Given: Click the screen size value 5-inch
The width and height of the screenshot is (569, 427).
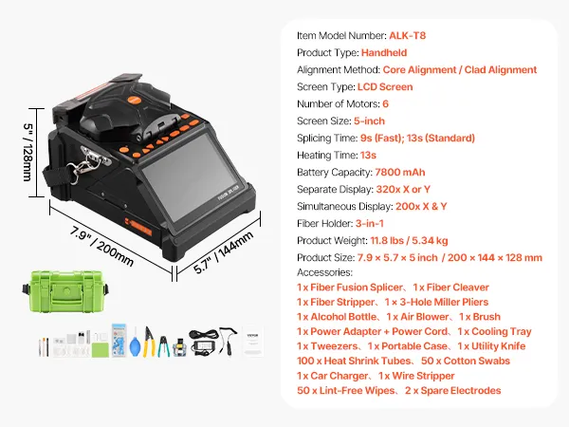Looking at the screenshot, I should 369,121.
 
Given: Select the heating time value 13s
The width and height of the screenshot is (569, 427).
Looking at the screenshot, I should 368,155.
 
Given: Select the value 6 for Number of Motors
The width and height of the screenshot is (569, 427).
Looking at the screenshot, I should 385,104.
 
